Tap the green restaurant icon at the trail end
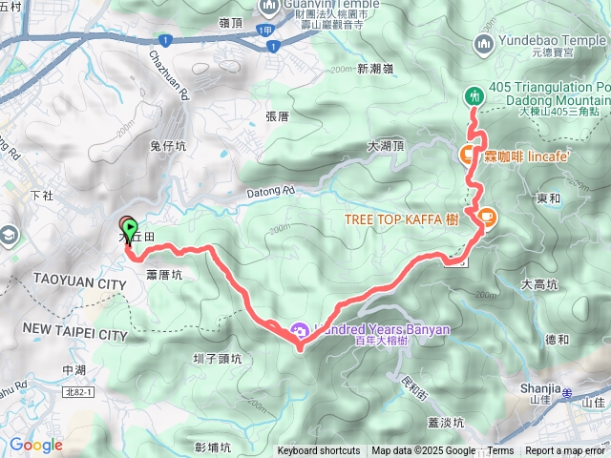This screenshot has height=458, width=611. tap(473, 96)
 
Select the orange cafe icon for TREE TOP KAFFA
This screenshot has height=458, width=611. tap(486, 219)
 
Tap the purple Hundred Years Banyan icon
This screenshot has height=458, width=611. tap(299, 331)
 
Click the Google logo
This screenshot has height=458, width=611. tap(35, 445)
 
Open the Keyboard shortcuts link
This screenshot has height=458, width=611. tap(319, 451)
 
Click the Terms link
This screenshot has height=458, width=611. tap(500, 451)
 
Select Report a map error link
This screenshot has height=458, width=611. tap(566, 451)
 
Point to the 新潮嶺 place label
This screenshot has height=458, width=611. tap(375, 69)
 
